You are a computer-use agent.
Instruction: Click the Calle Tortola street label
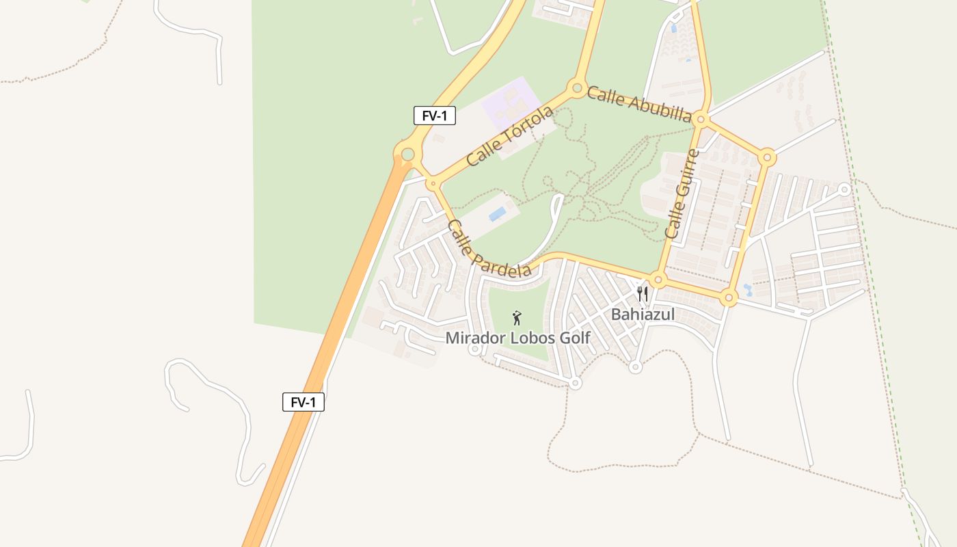509,136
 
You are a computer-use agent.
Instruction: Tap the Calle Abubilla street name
639,104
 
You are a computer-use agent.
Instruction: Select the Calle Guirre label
682,194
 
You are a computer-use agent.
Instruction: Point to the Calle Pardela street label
489,249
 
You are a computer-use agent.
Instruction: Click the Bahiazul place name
643,315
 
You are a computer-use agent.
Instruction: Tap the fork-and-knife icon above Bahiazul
643,294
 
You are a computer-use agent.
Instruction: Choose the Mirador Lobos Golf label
517,338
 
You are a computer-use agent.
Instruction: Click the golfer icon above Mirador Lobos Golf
517,318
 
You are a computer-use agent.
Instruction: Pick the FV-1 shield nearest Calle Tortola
434,116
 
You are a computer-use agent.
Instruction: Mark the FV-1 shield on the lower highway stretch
304,402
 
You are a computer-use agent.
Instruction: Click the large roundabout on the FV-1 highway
408,155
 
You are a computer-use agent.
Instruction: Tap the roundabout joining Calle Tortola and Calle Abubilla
577,88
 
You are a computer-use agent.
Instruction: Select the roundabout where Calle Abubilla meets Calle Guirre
701,120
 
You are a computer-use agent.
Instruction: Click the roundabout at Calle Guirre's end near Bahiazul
658,280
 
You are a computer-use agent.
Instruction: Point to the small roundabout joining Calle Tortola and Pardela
432,183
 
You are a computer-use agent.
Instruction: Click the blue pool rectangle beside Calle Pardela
498,214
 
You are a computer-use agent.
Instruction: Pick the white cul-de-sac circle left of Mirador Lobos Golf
474,349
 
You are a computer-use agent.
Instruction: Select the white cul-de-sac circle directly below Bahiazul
635,367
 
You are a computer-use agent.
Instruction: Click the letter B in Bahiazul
615,315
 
